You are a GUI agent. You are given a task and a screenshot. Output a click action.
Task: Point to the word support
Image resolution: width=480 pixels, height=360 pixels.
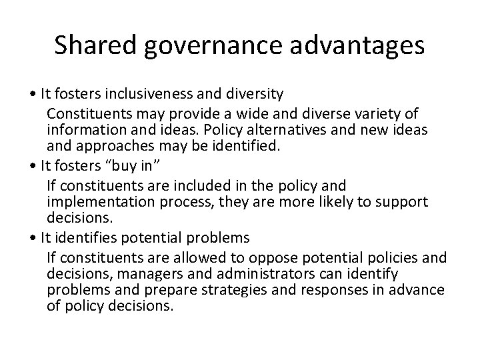point(399,201)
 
